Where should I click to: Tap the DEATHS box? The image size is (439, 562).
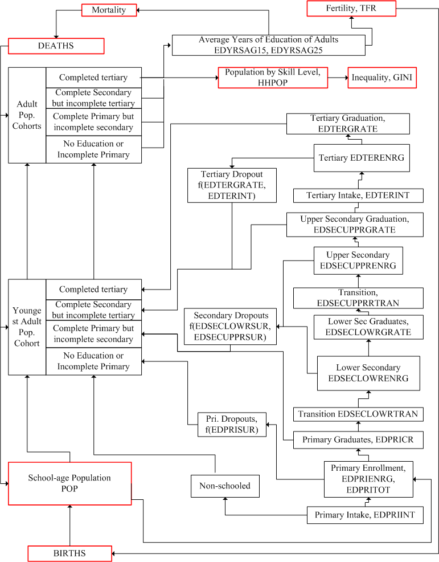click(x=56, y=46)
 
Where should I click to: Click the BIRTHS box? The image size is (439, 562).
click(x=70, y=553)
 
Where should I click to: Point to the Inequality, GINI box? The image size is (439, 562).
click(x=382, y=78)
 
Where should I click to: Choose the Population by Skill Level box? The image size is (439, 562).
click(x=273, y=78)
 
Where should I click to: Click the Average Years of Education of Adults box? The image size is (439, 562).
click(x=268, y=45)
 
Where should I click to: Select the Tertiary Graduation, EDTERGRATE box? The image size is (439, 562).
click(x=348, y=124)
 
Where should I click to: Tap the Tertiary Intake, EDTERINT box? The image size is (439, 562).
click(x=359, y=196)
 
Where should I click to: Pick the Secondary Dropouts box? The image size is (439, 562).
click(x=231, y=327)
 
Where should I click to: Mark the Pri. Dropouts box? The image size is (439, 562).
click(x=232, y=423)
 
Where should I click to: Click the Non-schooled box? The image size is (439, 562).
click(x=224, y=486)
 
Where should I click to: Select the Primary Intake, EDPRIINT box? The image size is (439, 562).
click(x=365, y=515)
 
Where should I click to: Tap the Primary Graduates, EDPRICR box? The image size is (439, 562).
click(x=359, y=439)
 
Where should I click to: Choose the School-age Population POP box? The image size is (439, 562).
click(x=69, y=483)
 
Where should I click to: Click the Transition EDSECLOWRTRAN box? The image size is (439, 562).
click(x=359, y=414)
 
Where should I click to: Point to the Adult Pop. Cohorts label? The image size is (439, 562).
click(x=27, y=115)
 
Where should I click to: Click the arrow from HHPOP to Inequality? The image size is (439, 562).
click(x=338, y=78)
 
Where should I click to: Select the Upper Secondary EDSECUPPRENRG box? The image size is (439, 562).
click(x=358, y=260)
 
